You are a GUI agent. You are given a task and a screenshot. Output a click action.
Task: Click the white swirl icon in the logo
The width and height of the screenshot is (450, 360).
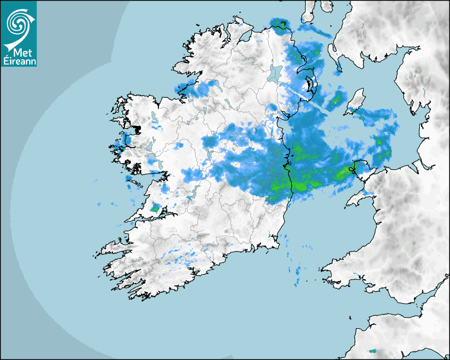click(x=19, y=23)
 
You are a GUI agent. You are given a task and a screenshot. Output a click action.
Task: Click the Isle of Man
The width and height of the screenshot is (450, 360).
click(x=356, y=102)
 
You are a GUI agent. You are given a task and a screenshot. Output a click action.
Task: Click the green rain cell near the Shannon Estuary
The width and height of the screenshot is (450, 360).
click(x=155, y=209)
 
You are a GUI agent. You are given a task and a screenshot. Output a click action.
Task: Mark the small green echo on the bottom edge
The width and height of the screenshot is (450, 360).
click(x=373, y=350)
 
